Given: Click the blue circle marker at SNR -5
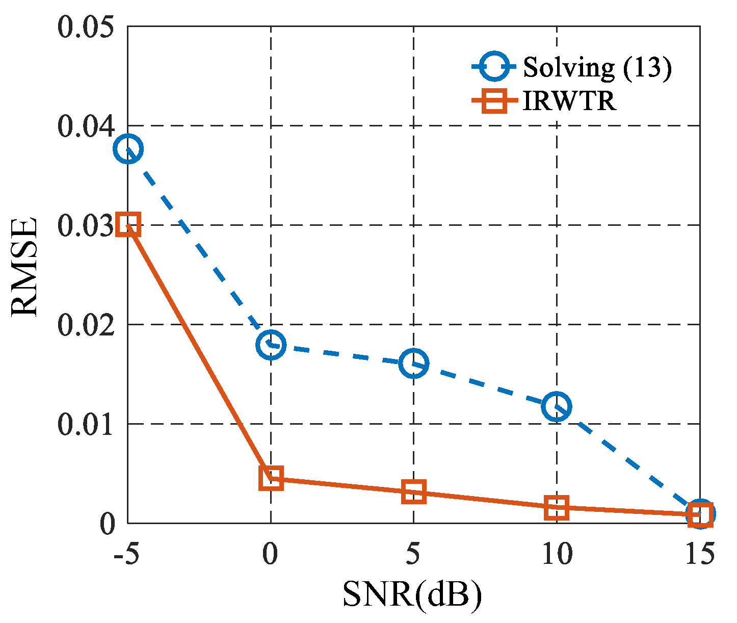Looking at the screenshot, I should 128,149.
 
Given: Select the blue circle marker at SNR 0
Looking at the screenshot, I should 271,345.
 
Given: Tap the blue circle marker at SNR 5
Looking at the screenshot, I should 413,364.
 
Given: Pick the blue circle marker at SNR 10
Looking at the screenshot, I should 557,407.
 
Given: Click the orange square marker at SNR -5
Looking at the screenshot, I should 128,224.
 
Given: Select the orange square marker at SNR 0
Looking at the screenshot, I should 271,478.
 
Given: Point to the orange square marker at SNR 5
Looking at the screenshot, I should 413,492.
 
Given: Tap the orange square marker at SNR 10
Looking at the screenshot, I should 557,508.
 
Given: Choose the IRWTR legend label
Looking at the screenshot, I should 569,101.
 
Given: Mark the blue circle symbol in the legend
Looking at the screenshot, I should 493,68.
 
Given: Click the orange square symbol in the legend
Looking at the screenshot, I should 493,101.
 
